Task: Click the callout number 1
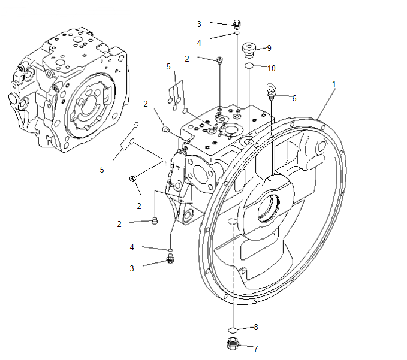(x=334, y=84)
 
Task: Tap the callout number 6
(x=294, y=97)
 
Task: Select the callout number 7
(x=255, y=348)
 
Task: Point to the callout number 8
(x=255, y=327)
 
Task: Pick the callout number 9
(x=269, y=47)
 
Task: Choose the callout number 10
(x=271, y=68)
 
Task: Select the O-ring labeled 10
(x=249, y=66)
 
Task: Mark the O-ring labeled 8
(x=234, y=329)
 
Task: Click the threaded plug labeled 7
(x=234, y=345)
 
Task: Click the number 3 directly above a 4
(x=199, y=24)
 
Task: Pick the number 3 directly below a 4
(x=132, y=268)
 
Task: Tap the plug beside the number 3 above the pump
(x=237, y=24)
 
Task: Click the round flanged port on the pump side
(x=200, y=174)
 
